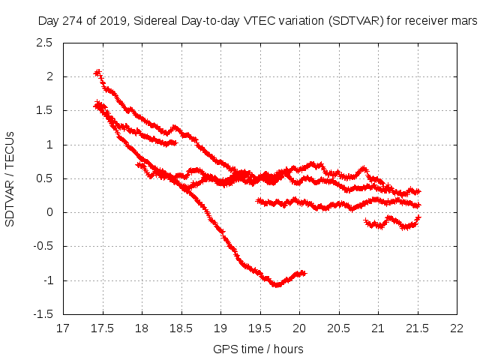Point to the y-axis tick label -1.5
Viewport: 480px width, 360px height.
(42, 314)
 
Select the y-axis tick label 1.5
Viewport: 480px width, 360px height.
(45, 111)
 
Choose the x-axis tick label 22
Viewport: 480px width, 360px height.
(457, 328)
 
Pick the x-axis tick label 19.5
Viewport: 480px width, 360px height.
(259, 328)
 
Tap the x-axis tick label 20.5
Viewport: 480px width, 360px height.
(338, 328)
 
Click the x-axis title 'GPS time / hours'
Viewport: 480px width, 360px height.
(259, 349)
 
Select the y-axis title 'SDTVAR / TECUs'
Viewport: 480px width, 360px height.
(10, 178)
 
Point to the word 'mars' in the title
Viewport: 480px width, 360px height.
(463, 22)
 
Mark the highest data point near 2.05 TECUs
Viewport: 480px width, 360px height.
(97, 73)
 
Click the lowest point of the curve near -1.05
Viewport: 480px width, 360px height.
(277, 284)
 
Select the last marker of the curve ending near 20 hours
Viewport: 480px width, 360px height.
(304, 273)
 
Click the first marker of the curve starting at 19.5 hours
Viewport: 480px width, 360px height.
(259, 201)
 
